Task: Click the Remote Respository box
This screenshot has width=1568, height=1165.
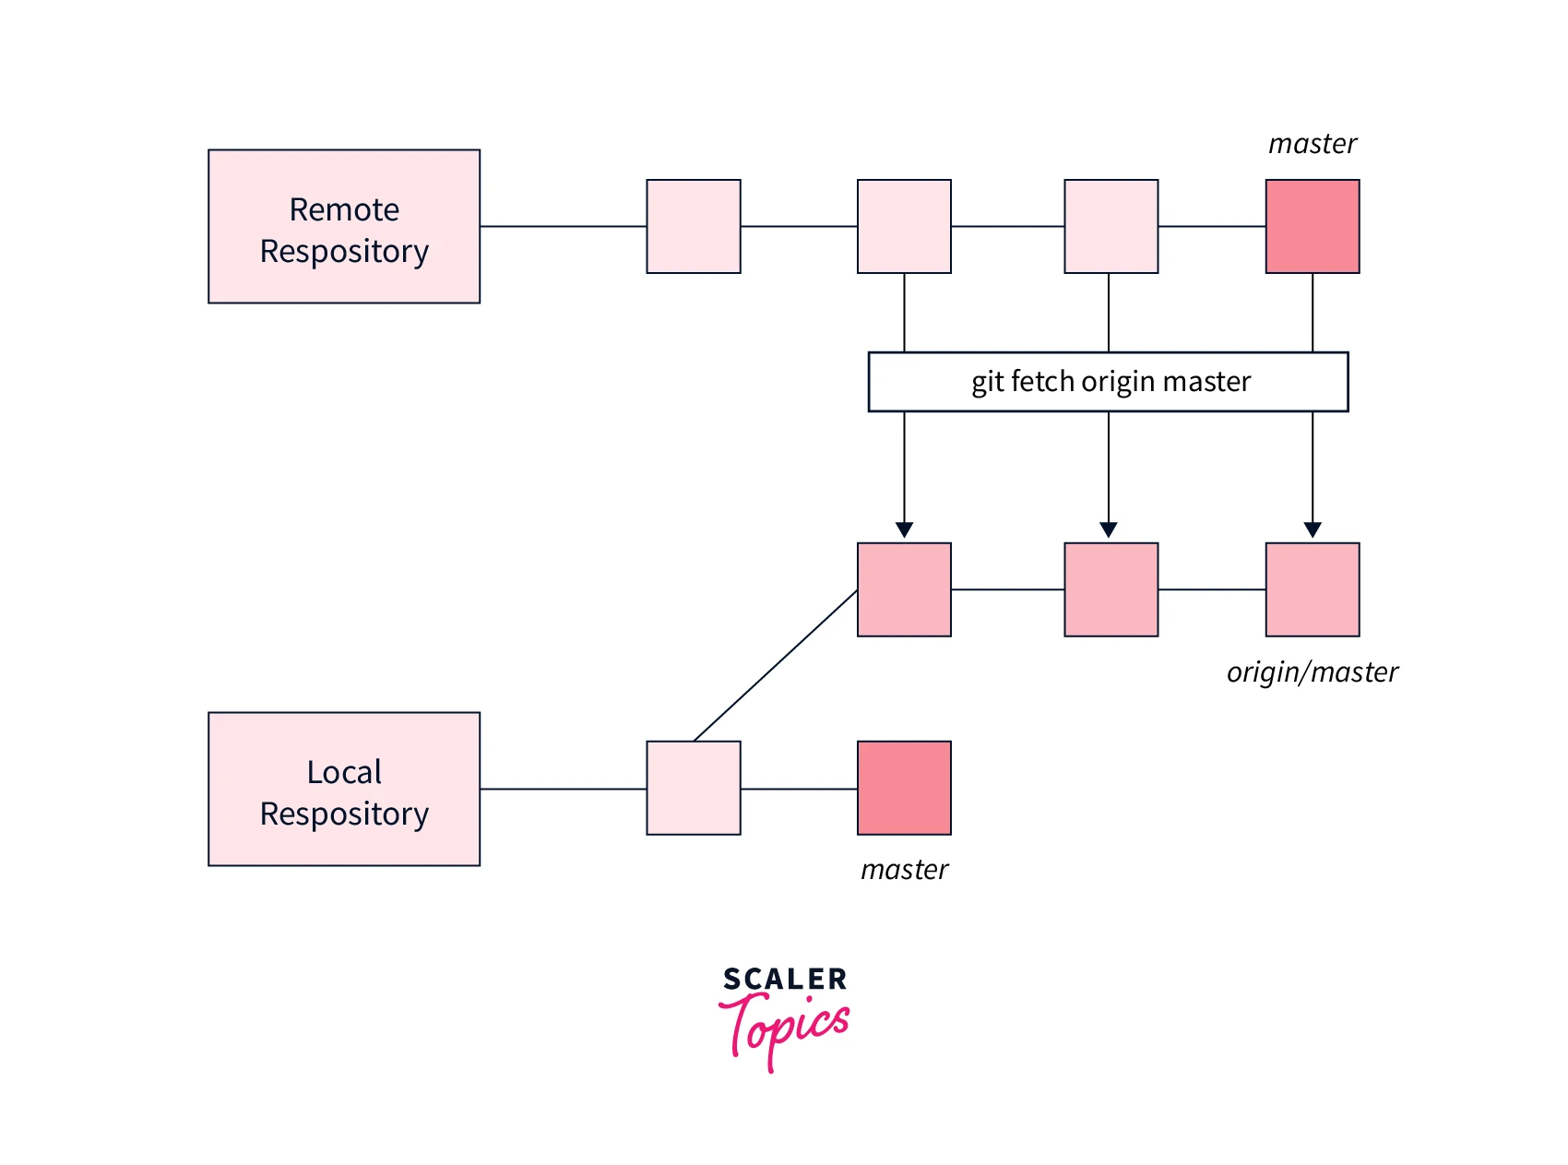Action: coord(344,227)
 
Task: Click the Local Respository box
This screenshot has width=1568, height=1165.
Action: coord(344,790)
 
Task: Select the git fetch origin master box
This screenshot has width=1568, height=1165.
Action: coord(1108,382)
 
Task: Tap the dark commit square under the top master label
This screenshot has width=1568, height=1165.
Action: coord(1312,227)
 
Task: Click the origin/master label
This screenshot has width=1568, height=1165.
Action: coord(1312,672)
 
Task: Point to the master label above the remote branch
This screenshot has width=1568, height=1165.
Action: coord(1312,144)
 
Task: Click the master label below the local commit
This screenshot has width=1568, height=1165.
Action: coord(904,870)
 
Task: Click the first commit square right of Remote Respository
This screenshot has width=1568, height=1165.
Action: coord(694,227)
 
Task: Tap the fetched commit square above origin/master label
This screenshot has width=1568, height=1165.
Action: coord(1312,590)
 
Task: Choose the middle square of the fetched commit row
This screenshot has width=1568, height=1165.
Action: coord(1111,590)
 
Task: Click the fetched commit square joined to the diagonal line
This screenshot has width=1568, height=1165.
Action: coord(904,590)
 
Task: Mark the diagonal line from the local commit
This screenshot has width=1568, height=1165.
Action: coord(775,666)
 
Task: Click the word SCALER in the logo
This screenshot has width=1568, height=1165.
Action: coord(785,979)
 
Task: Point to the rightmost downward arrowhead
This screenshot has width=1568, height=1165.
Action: coord(1313,529)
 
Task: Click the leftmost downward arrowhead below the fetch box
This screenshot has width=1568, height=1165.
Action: coord(904,529)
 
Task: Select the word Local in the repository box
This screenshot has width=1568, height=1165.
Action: coord(344,772)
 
